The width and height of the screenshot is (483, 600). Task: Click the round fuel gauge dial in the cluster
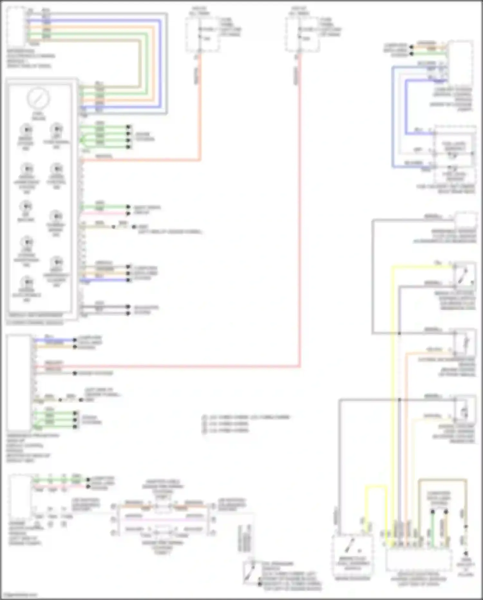pyautogui.click(x=38, y=98)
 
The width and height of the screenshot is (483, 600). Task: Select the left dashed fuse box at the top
pyautogui.click(x=202, y=34)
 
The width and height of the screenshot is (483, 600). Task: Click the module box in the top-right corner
pyautogui.click(x=460, y=63)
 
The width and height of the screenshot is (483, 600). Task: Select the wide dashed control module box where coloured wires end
pyautogui.click(x=419, y=559)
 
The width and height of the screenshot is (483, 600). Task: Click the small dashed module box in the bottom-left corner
pyautogui.click(x=20, y=497)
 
